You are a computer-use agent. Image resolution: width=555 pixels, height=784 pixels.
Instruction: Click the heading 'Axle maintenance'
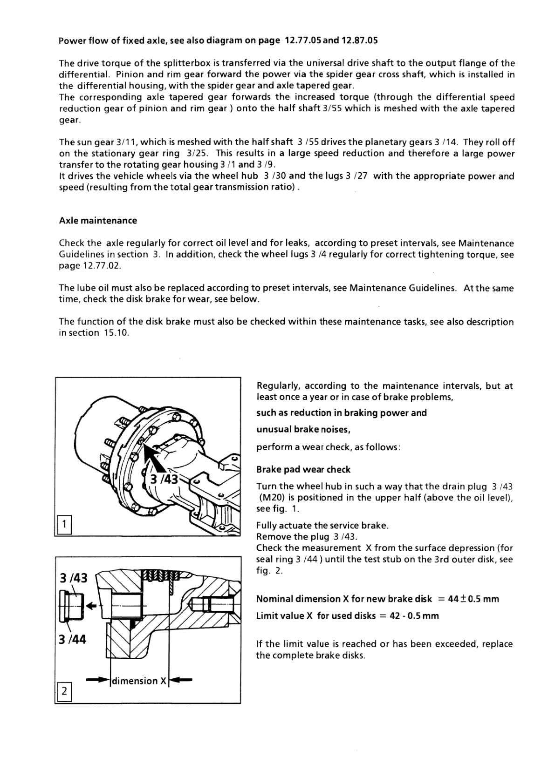pos(98,221)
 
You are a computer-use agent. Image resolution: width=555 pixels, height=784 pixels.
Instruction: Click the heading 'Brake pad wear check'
pos(303,469)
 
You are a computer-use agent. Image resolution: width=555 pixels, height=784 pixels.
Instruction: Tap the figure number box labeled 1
pos(64,525)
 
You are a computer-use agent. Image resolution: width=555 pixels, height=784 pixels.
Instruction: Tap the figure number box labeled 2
pos(64,690)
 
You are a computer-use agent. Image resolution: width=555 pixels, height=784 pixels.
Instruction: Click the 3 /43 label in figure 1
pos(163,480)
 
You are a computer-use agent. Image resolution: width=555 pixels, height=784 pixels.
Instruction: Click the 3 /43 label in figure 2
pos(74,578)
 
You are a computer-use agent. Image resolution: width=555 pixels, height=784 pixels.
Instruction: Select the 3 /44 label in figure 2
pos(73,639)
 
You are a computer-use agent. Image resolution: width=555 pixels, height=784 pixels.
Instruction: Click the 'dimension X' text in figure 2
pos(139,681)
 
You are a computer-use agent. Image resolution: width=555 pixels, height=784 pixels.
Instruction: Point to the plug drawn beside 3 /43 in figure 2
pos(69,606)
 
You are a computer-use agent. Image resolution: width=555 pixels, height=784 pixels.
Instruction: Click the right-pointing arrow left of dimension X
pos(97,681)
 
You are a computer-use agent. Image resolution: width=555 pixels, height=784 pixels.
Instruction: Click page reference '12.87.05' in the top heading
pos(360,40)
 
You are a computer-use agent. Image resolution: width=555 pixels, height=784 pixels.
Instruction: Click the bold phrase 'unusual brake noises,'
pos(303,429)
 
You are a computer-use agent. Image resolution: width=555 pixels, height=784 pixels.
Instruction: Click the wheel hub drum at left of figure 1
pos(96,433)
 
